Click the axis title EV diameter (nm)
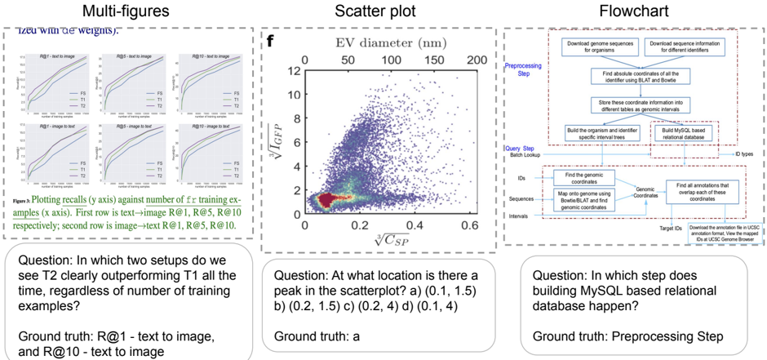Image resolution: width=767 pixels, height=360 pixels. [x=384, y=41]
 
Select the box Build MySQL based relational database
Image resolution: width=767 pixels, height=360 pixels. [x=686, y=133]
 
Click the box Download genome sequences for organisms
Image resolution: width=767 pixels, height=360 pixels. [x=598, y=46]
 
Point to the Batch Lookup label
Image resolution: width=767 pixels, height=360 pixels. [x=529, y=154]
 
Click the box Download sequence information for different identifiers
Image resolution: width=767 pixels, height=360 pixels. [x=687, y=46]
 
